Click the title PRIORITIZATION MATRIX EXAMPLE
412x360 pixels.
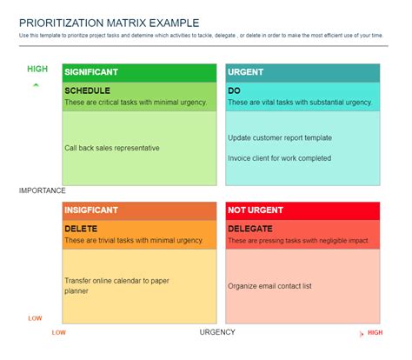tap(109, 22)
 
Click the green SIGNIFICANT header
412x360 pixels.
tap(91, 72)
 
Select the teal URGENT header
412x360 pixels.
tap(245, 72)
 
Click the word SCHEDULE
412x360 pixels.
tap(86, 90)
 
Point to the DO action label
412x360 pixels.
tap(234, 90)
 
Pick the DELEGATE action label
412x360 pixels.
tap(250, 228)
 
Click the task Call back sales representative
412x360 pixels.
tap(112, 148)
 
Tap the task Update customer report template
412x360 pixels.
tap(279, 137)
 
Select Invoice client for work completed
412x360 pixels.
tap(279, 158)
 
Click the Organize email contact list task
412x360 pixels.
tap(269, 285)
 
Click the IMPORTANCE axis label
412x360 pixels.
tap(43, 190)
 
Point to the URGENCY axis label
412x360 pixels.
tap(217, 331)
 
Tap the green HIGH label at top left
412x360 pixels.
tap(37, 69)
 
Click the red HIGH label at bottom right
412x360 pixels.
tap(375, 332)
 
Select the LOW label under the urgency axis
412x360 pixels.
tap(58, 332)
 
